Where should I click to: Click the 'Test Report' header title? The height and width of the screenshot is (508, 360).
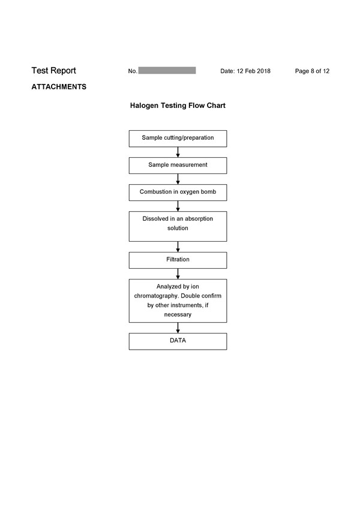(53, 71)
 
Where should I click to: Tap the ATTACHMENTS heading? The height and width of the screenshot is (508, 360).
(59, 87)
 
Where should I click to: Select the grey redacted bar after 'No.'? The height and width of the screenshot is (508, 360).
(167, 70)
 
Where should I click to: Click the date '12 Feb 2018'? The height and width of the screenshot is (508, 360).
(253, 71)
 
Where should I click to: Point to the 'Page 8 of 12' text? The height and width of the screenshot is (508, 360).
(312, 71)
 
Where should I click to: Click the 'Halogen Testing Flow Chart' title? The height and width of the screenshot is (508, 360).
(178, 106)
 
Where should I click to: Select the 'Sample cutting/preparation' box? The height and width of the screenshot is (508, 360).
(178, 139)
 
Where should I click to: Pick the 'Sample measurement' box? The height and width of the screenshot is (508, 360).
(178, 166)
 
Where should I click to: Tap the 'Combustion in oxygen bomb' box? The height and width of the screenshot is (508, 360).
(178, 193)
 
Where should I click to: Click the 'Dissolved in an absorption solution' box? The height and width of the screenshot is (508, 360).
(178, 227)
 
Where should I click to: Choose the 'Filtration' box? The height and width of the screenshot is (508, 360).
(178, 260)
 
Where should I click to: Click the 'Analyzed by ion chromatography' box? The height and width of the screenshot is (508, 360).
(178, 300)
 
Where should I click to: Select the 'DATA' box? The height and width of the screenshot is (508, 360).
(178, 341)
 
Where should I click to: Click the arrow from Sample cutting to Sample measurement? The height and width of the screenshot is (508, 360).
(178, 152)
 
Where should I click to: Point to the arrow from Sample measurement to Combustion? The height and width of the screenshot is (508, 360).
(178, 179)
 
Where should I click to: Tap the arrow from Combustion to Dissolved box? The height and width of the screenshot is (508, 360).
(178, 206)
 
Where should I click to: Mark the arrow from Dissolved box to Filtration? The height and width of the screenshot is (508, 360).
(178, 247)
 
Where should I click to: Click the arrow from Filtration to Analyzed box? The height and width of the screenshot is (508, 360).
(178, 273)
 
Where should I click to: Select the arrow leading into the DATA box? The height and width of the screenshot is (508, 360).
(178, 328)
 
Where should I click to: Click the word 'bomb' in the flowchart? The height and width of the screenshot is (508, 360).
(208, 191)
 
